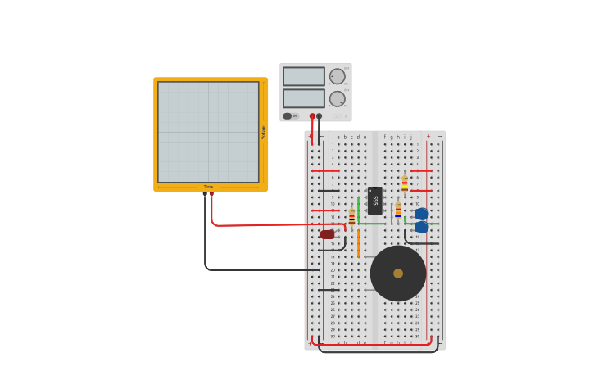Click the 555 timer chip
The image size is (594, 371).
pyautogui.click(x=374, y=200)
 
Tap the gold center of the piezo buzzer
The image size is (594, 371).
pyautogui.click(x=398, y=274)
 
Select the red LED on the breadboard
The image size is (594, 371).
pyautogui.click(x=328, y=235)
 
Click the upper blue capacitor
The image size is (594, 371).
pyautogui.click(x=422, y=214)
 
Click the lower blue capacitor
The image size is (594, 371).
pyautogui.click(x=422, y=227)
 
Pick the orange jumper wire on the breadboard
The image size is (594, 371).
pyautogui.click(x=358, y=244)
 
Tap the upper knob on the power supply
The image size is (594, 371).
pyautogui.click(x=337, y=76)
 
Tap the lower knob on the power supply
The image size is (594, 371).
pyautogui.click(x=337, y=98)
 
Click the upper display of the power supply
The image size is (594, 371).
pyautogui.click(x=303, y=76)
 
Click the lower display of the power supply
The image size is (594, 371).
pyautogui.click(x=303, y=98)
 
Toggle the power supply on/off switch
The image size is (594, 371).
pyautogui.click(x=288, y=116)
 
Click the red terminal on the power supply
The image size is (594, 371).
pyautogui.click(x=312, y=116)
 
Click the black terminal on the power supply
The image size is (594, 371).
pyautogui.click(x=320, y=116)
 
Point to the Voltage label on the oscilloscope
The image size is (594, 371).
pyautogui.click(x=264, y=132)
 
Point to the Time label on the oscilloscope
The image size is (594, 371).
pyautogui.click(x=209, y=187)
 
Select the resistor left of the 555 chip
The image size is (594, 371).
pyautogui.click(x=351, y=217)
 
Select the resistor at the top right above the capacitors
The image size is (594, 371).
pyautogui.click(x=405, y=183)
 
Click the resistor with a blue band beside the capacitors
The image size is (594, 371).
pyautogui.click(x=398, y=210)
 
